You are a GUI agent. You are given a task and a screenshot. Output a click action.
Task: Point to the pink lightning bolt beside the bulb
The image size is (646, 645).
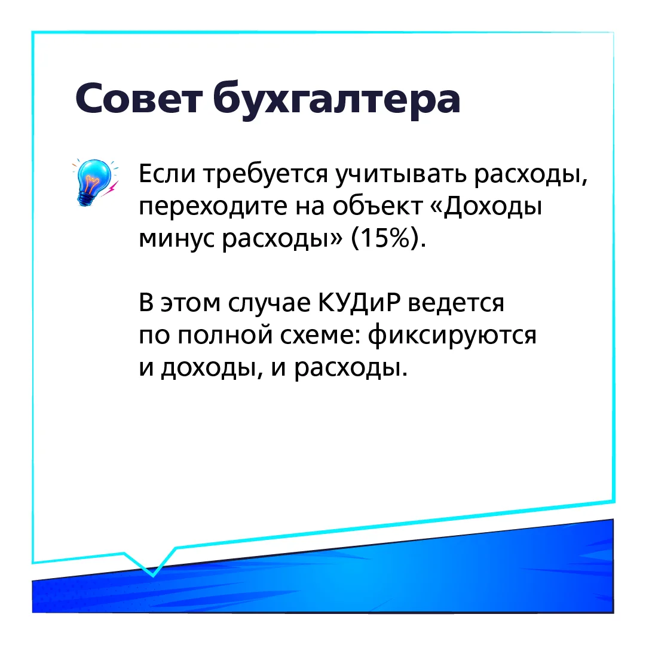110,189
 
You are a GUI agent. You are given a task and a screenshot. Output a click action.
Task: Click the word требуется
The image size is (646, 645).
266,176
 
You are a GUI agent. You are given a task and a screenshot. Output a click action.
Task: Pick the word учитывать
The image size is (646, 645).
401,176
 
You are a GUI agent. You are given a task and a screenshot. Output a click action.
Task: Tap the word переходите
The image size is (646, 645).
213,207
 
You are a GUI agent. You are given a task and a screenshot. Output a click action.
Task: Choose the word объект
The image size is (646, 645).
378,205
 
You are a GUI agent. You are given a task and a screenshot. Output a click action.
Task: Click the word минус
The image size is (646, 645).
176,240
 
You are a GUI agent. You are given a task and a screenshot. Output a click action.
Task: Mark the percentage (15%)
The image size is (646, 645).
388,238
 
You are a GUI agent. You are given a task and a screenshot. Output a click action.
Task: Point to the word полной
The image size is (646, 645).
225,336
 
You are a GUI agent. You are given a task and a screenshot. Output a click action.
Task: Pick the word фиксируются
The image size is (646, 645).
452,336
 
